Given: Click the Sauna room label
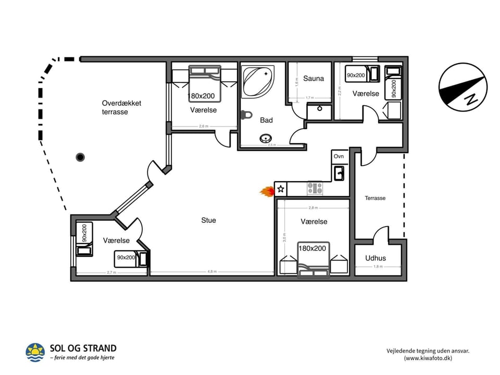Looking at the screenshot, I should click(x=314, y=79).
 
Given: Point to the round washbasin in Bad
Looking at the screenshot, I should click(x=267, y=139).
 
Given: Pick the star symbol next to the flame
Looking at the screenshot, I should click(x=281, y=189).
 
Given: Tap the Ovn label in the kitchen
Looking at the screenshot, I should click(x=339, y=156).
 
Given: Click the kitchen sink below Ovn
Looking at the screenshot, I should click(x=339, y=172).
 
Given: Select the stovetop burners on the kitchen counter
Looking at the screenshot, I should click(x=315, y=188).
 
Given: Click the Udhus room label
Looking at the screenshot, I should click(x=375, y=258).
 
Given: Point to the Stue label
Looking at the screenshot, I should click(x=208, y=220).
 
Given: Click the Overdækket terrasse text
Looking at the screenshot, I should click(x=121, y=107).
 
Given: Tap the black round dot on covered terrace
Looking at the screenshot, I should click(x=80, y=157).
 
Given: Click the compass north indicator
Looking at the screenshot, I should click(x=463, y=87).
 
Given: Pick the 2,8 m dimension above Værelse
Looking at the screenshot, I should click(x=313, y=208).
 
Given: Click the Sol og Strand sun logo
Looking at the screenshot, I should click(x=35, y=352).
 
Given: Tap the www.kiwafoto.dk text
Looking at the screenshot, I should click(x=428, y=358).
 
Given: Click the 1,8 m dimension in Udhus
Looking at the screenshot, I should click(x=378, y=267).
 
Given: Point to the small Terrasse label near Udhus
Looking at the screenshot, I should click(x=375, y=198).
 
